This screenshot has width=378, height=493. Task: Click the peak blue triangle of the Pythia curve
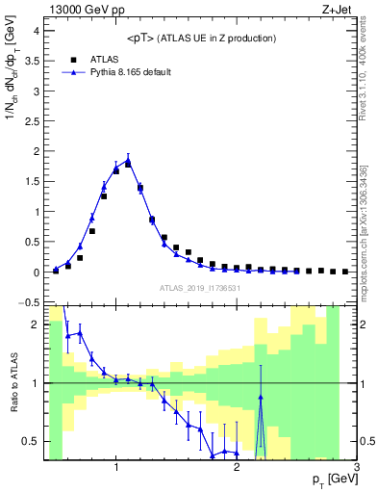(x=128, y=160)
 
